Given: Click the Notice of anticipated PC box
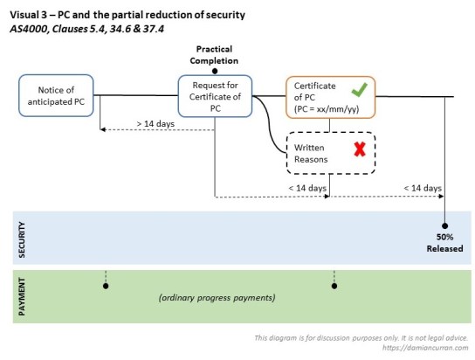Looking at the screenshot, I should pos(56,96).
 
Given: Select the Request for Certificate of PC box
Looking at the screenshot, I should pos(214,96).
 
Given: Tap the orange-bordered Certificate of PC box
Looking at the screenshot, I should pos(330,96).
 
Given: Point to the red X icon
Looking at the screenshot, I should pos(359,150).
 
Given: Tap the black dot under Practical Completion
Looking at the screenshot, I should pos(214,69).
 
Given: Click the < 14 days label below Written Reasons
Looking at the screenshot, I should pos(307,188).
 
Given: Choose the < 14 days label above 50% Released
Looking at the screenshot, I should pos(422,188).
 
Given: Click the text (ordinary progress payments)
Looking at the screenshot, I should pos(217,298).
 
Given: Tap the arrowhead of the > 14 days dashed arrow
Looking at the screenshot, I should pos(103,131).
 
